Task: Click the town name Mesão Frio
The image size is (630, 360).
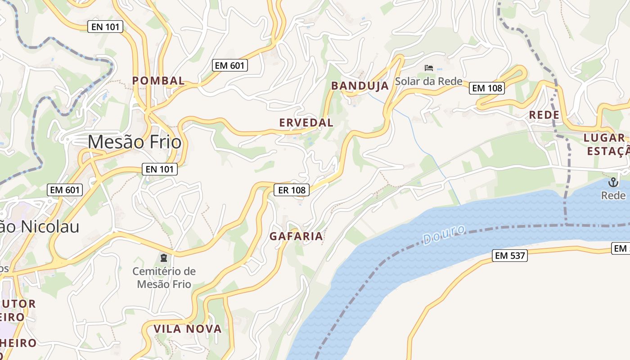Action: pyautogui.click(x=135, y=142)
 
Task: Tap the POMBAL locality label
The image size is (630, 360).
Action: pyautogui.click(x=158, y=81)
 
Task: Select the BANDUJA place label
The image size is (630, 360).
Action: pyautogui.click(x=360, y=86)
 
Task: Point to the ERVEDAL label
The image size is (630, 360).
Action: pyautogui.click(x=306, y=122)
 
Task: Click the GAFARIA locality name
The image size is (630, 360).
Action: pyautogui.click(x=296, y=236)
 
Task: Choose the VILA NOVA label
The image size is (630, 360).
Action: pyautogui.click(x=188, y=329)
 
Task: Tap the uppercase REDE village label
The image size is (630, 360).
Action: pyautogui.click(x=544, y=115)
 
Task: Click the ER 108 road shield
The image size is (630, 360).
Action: pyautogui.click(x=292, y=190)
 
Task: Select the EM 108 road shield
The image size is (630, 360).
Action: pyautogui.click(x=487, y=88)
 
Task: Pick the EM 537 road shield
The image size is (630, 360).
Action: pyautogui.click(x=509, y=256)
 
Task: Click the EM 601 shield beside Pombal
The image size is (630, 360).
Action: pyautogui.click(x=230, y=66)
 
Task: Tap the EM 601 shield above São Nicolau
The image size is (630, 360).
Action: pyautogui.click(x=65, y=190)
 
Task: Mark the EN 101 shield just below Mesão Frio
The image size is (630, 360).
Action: pyautogui.click(x=160, y=170)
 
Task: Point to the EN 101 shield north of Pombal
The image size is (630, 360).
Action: pyautogui.click(x=105, y=27)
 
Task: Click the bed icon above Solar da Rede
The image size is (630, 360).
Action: pyautogui.click(x=429, y=68)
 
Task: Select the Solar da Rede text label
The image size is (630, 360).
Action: pyautogui.click(x=428, y=81)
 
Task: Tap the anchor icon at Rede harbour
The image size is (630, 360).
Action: pyautogui.click(x=613, y=182)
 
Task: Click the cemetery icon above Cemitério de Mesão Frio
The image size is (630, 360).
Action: pyautogui.click(x=163, y=258)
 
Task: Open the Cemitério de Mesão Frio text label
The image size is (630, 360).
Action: pyautogui.click(x=164, y=278)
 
